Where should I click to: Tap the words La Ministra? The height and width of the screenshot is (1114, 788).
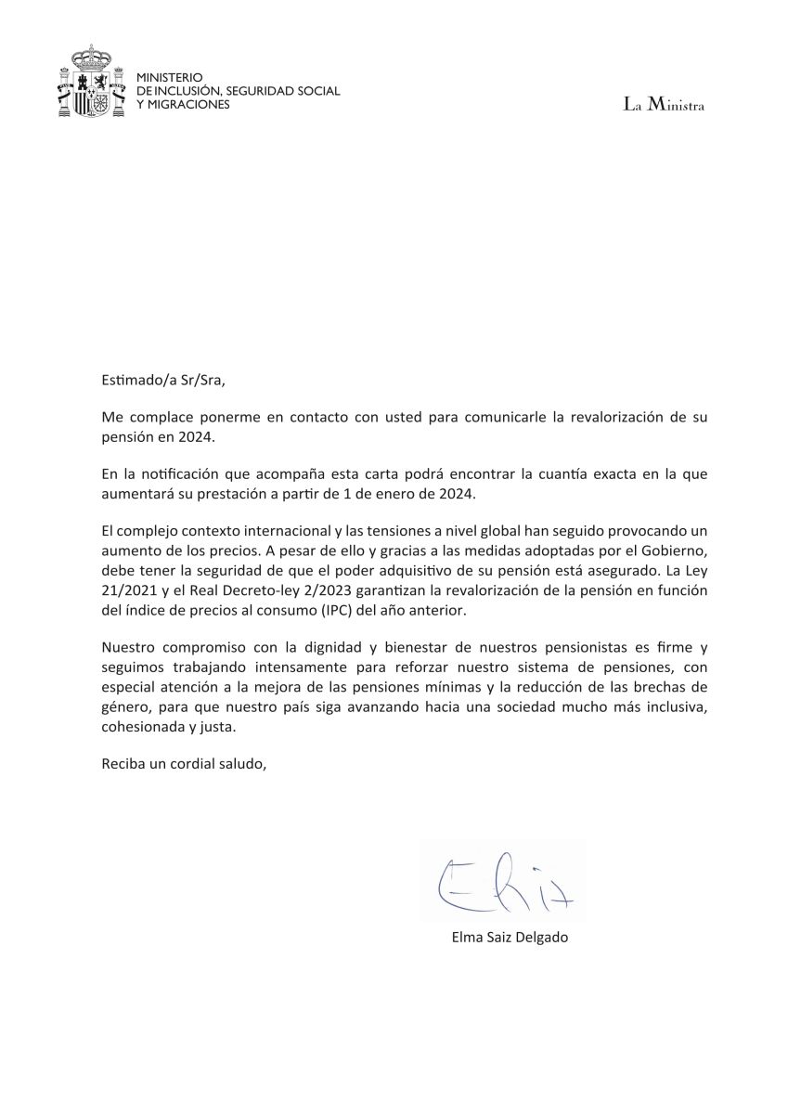(x=664, y=106)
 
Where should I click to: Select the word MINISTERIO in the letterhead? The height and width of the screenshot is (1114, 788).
(x=169, y=78)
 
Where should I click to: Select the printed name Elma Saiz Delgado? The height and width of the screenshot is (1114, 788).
(x=510, y=938)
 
